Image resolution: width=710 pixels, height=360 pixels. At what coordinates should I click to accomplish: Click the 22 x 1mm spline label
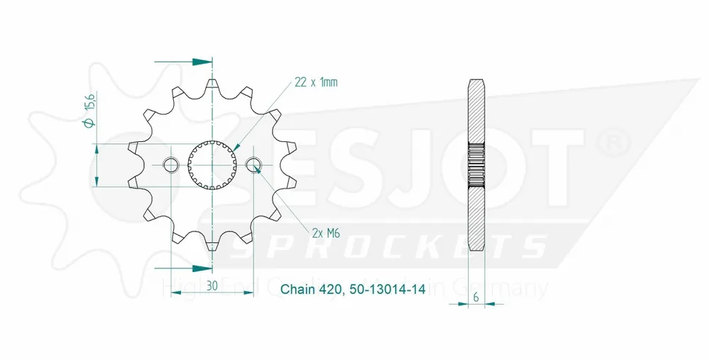(x=315, y=82)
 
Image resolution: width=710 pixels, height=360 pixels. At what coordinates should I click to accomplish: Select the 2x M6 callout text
(x=325, y=231)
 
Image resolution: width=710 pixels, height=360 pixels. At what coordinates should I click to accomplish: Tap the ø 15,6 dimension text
(x=88, y=114)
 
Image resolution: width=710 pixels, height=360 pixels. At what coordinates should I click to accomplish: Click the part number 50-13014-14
(x=388, y=290)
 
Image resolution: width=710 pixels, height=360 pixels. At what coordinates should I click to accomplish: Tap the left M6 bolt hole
(x=171, y=165)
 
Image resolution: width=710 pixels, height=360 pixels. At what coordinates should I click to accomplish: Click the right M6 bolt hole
(x=254, y=165)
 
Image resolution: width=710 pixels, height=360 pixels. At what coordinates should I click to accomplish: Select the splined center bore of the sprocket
(x=212, y=165)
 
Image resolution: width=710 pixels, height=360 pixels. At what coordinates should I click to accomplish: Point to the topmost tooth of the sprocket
(x=212, y=84)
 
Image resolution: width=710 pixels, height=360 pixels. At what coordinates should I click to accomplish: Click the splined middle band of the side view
(x=476, y=165)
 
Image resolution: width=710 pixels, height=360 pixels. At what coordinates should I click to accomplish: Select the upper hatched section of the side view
(x=476, y=114)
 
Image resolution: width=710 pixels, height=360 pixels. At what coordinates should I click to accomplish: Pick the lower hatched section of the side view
(x=476, y=217)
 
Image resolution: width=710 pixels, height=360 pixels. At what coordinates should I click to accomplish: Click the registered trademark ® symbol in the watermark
(x=611, y=142)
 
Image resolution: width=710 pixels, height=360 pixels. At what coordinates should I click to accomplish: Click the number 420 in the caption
(x=332, y=290)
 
